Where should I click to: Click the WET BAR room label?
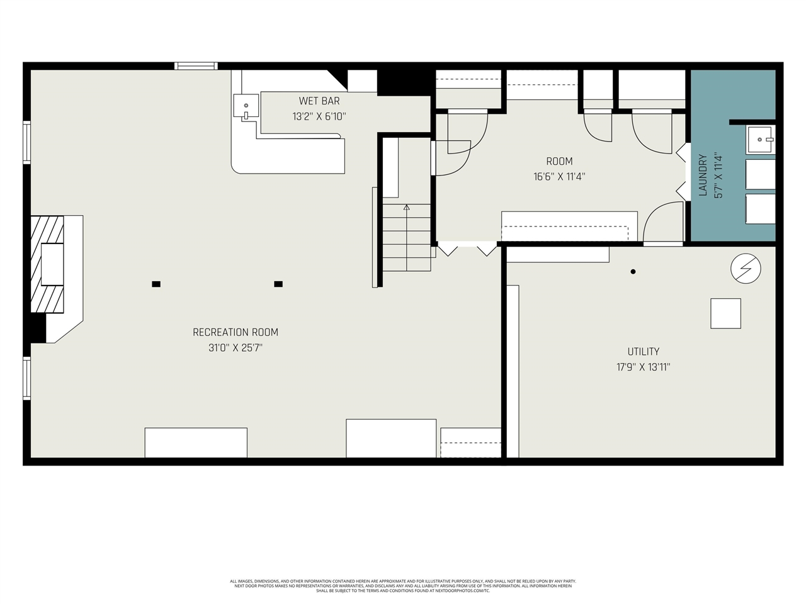pos(319,101)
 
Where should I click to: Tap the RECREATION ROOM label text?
pos(236,332)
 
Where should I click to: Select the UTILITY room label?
pos(643,352)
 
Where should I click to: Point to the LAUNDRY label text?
pos(703,176)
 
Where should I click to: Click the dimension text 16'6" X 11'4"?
pos(559,177)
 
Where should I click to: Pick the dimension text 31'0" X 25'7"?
pos(236,348)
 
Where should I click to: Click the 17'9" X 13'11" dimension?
pos(643,367)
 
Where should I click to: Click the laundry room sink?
pos(760,139)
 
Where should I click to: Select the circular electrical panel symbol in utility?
pos(746,269)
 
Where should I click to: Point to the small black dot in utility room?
pos(633,272)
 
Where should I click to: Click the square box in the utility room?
pos(725,313)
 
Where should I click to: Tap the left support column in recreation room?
pos(156,284)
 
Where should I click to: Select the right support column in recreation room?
pos(278,284)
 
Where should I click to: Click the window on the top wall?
pos(196,65)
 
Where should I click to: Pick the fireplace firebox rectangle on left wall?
pos(52,264)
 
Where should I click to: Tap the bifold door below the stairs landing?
pos(467,250)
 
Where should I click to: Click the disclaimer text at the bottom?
pos(403,586)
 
